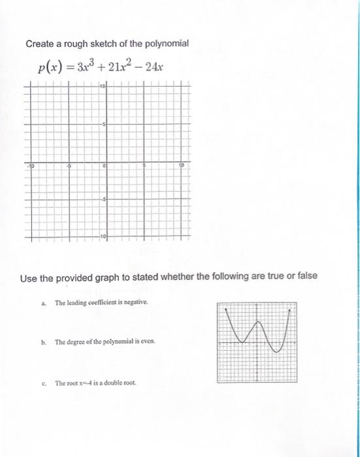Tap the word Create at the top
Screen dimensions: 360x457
point(41,44)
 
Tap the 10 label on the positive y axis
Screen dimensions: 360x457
point(103,87)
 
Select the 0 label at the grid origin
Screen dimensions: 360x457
point(104,166)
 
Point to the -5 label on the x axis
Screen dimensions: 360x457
point(68,166)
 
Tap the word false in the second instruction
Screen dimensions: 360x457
point(303,276)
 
